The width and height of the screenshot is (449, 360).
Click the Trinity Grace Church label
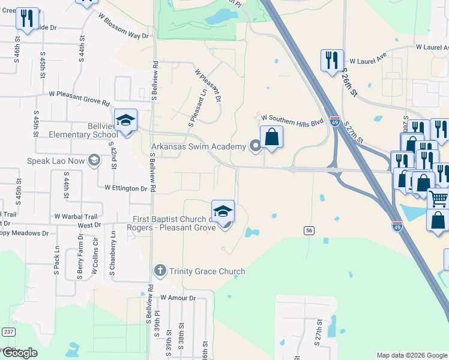[x=207, y=271]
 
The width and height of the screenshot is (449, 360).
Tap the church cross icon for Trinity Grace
[x=160, y=271]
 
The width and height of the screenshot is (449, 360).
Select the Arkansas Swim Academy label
[x=198, y=147]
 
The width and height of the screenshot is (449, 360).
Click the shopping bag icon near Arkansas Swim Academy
[x=272, y=137]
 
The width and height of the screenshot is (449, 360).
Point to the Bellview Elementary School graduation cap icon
[x=126, y=120]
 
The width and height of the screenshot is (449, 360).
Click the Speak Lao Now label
[x=56, y=161]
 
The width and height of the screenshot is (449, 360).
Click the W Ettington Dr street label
[x=125, y=188]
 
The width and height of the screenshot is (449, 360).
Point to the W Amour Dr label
[x=178, y=298]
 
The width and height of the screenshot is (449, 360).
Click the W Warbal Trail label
[x=75, y=216]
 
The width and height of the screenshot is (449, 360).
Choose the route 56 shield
[x=309, y=230]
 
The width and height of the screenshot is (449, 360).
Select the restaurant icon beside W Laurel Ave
[x=332, y=60]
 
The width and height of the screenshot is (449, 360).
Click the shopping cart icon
[x=439, y=198]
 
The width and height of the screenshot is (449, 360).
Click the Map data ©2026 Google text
[x=412, y=355]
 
